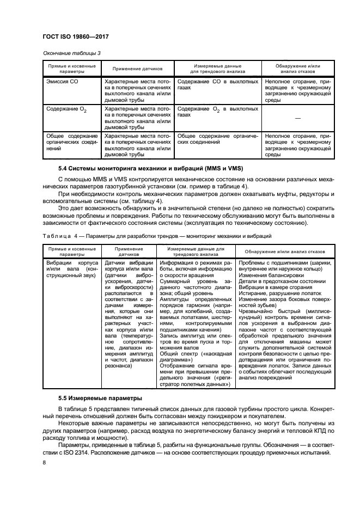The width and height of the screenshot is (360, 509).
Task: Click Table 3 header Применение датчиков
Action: pos(137,69)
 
